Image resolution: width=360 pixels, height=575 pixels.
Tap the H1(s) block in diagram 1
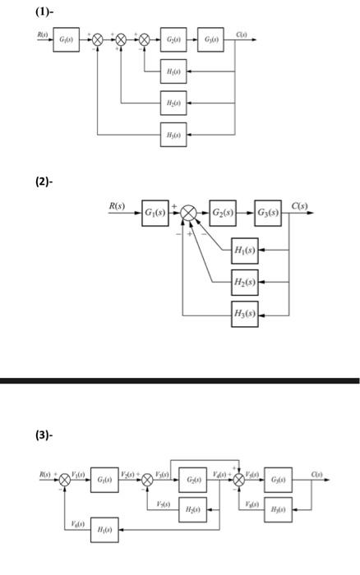tap(173, 72)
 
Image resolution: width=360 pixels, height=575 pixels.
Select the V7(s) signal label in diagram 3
tap(164, 504)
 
